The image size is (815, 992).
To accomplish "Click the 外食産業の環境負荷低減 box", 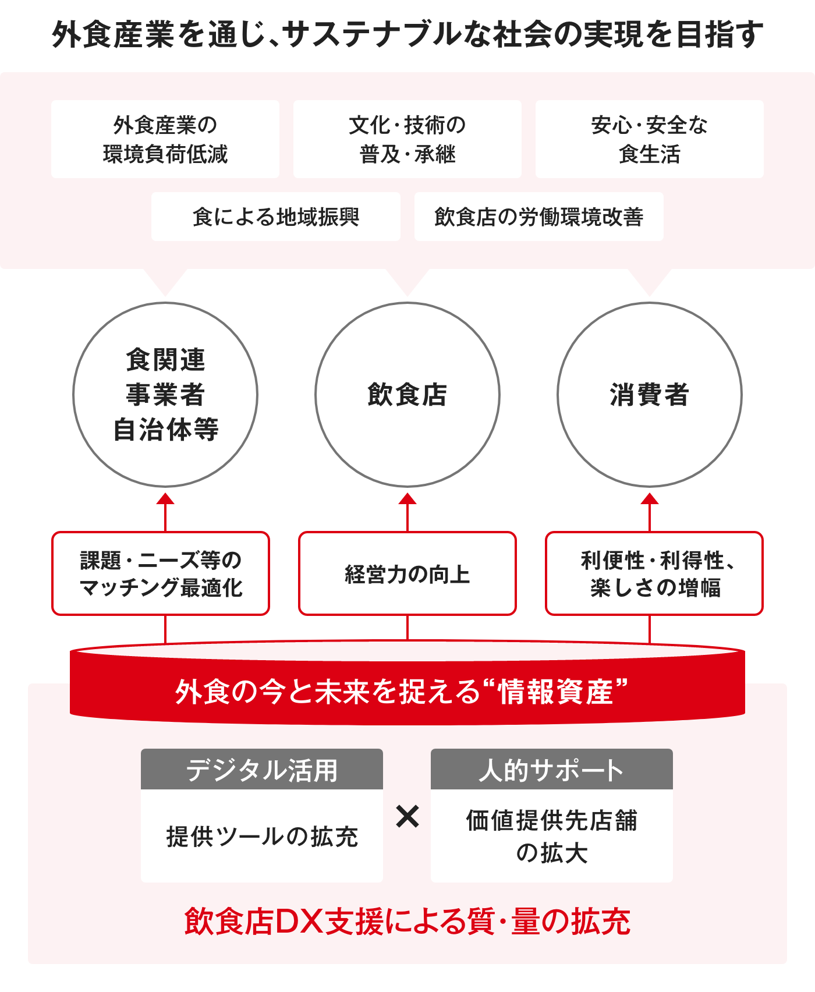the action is pyautogui.click(x=165, y=139).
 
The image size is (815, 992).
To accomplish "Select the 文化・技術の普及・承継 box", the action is pyautogui.click(x=408, y=139).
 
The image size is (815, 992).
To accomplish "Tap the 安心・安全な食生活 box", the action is pyautogui.click(x=650, y=139).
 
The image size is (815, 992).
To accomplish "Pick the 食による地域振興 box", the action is pyautogui.click(x=276, y=217).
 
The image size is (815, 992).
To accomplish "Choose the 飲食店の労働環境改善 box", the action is pyautogui.click(x=539, y=217).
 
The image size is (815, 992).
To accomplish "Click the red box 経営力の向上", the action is pyautogui.click(x=408, y=573).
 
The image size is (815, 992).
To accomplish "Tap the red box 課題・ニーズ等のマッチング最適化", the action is pyautogui.click(x=161, y=573).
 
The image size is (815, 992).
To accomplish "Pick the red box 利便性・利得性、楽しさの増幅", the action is pyautogui.click(x=654, y=573).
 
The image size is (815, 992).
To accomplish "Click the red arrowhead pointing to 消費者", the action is pyautogui.click(x=650, y=499).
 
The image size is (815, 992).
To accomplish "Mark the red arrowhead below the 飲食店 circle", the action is pyautogui.click(x=408, y=499).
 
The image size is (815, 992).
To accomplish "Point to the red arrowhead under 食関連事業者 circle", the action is pyautogui.click(x=165, y=499).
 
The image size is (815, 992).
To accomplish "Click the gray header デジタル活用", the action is pyautogui.click(x=262, y=769).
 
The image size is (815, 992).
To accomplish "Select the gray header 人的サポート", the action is pyautogui.click(x=552, y=769).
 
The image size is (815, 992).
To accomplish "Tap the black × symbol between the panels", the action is pyautogui.click(x=408, y=816).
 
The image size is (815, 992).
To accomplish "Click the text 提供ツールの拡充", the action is pyautogui.click(x=262, y=837).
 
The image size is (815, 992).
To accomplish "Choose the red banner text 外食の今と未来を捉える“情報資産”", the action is pyautogui.click(x=402, y=692).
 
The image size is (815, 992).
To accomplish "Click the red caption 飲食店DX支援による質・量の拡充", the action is pyautogui.click(x=408, y=921).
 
